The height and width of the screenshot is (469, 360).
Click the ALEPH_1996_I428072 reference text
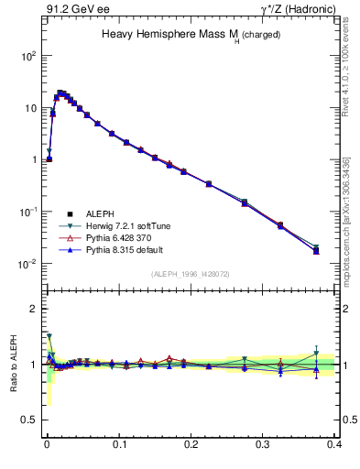tap(191, 274)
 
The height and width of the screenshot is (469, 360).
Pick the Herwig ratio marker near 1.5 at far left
tap(49, 336)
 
